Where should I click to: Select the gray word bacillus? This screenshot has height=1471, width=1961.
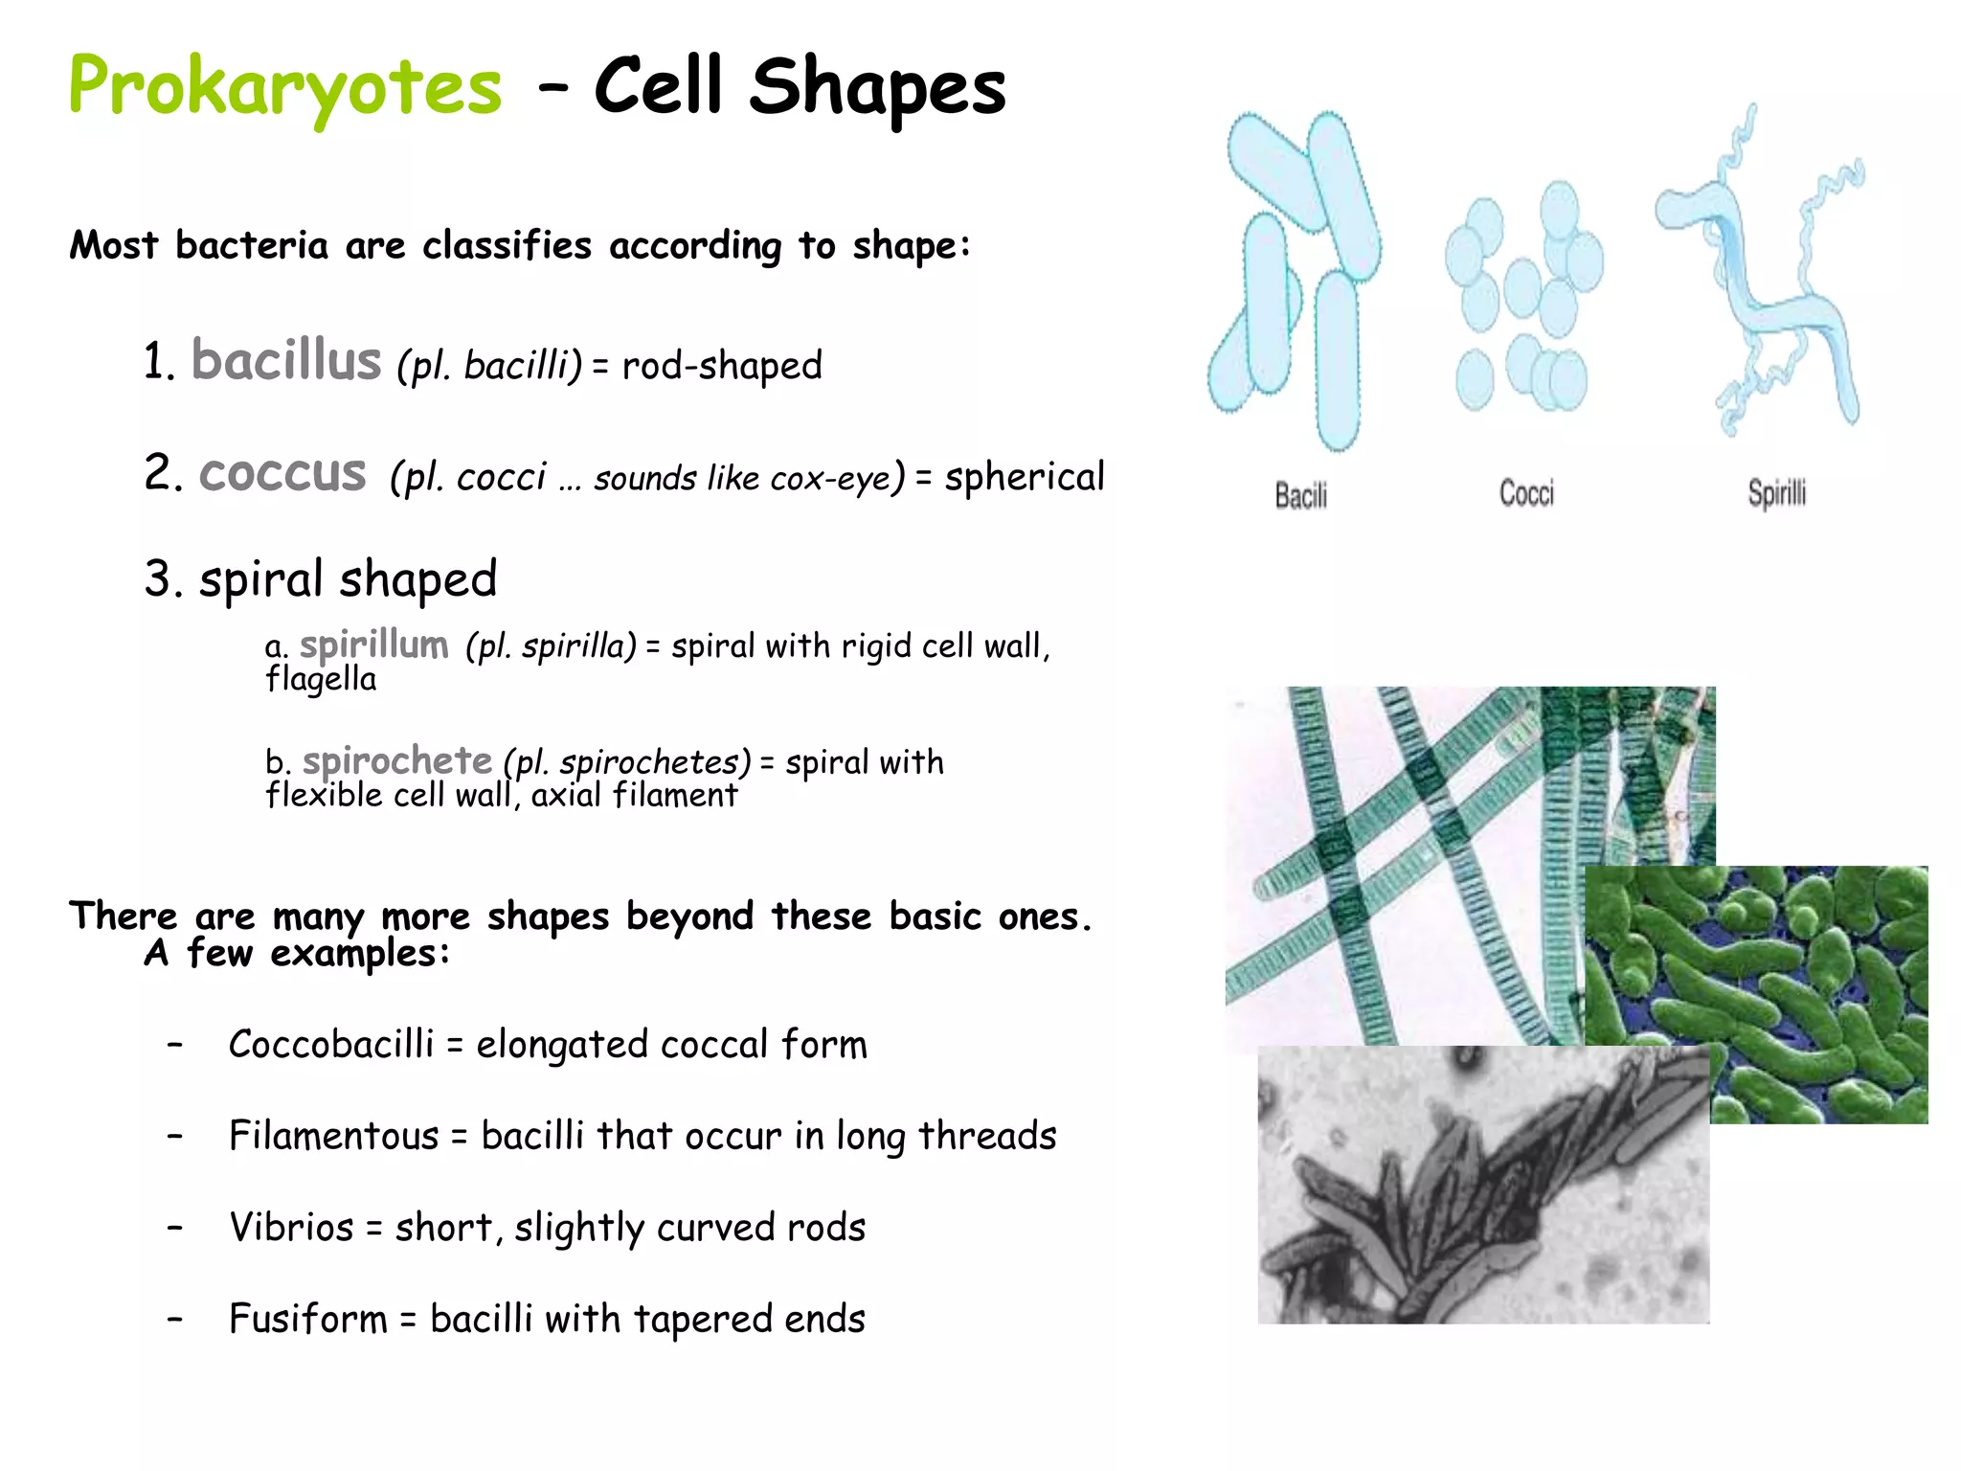(x=286, y=361)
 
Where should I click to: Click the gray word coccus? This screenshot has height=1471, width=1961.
(x=282, y=473)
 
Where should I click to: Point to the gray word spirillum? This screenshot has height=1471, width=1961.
(x=373, y=645)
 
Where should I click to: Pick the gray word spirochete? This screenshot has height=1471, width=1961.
(x=397, y=761)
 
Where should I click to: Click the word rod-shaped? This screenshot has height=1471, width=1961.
(x=722, y=366)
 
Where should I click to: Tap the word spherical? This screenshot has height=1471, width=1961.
(x=1025, y=477)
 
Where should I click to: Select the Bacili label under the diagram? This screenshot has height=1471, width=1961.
(x=1300, y=495)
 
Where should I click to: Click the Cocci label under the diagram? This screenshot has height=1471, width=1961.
(x=1526, y=493)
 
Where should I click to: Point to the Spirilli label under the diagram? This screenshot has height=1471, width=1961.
(x=1776, y=494)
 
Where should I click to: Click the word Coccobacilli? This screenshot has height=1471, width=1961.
(x=331, y=1044)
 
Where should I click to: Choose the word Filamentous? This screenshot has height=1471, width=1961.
(x=333, y=1136)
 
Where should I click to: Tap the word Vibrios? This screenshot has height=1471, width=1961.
(x=291, y=1228)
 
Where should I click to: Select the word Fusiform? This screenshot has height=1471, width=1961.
(x=308, y=1319)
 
